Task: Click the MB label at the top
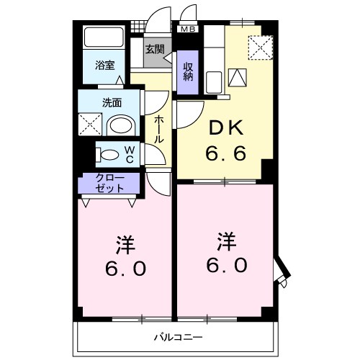[x=187, y=30]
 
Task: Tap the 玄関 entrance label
[x=154, y=50]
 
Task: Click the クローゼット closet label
[x=109, y=183]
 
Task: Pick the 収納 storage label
[x=188, y=71]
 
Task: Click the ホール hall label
[x=158, y=127]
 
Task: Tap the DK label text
[x=225, y=130]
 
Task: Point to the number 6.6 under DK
[x=225, y=153]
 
